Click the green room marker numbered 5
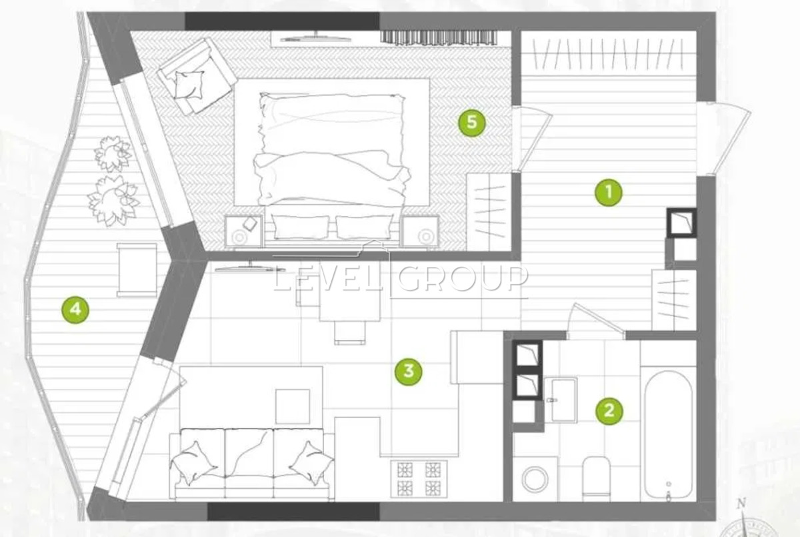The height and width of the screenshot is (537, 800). pyautogui.click(x=472, y=123)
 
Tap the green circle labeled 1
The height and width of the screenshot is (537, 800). pyautogui.click(x=609, y=192)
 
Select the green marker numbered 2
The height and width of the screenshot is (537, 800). pyautogui.click(x=609, y=411)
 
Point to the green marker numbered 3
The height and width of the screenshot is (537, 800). pyautogui.click(x=409, y=372)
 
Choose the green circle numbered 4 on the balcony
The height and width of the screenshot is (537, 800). pyautogui.click(x=75, y=310)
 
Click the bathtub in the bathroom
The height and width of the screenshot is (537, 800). pyautogui.click(x=669, y=435)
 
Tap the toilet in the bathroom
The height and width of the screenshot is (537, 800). pyautogui.click(x=596, y=478)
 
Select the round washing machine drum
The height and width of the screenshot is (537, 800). pyautogui.click(x=535, y=479)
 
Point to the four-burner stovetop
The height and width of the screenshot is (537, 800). pyautogui.click(x=419, y=479)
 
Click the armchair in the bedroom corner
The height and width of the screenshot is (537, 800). pyautogui.click(x=197, y=76)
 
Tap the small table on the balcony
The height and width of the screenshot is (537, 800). pyautogui.click(x=137, y=270)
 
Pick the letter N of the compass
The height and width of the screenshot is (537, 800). pyautogui.click(x=742, y=504)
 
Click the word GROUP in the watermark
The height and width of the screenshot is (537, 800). pyautogui.click(x=463, y=278)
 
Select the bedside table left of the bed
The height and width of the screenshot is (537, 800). pyautogui.click(x=243, y=232)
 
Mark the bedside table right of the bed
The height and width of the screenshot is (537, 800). pyautogui.click(x=420, y=232)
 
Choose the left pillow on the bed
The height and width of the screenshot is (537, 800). pyautogui.click(x=301, y=227)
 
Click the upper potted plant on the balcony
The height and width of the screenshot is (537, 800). pyautogui.click(x=113, y=153)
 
